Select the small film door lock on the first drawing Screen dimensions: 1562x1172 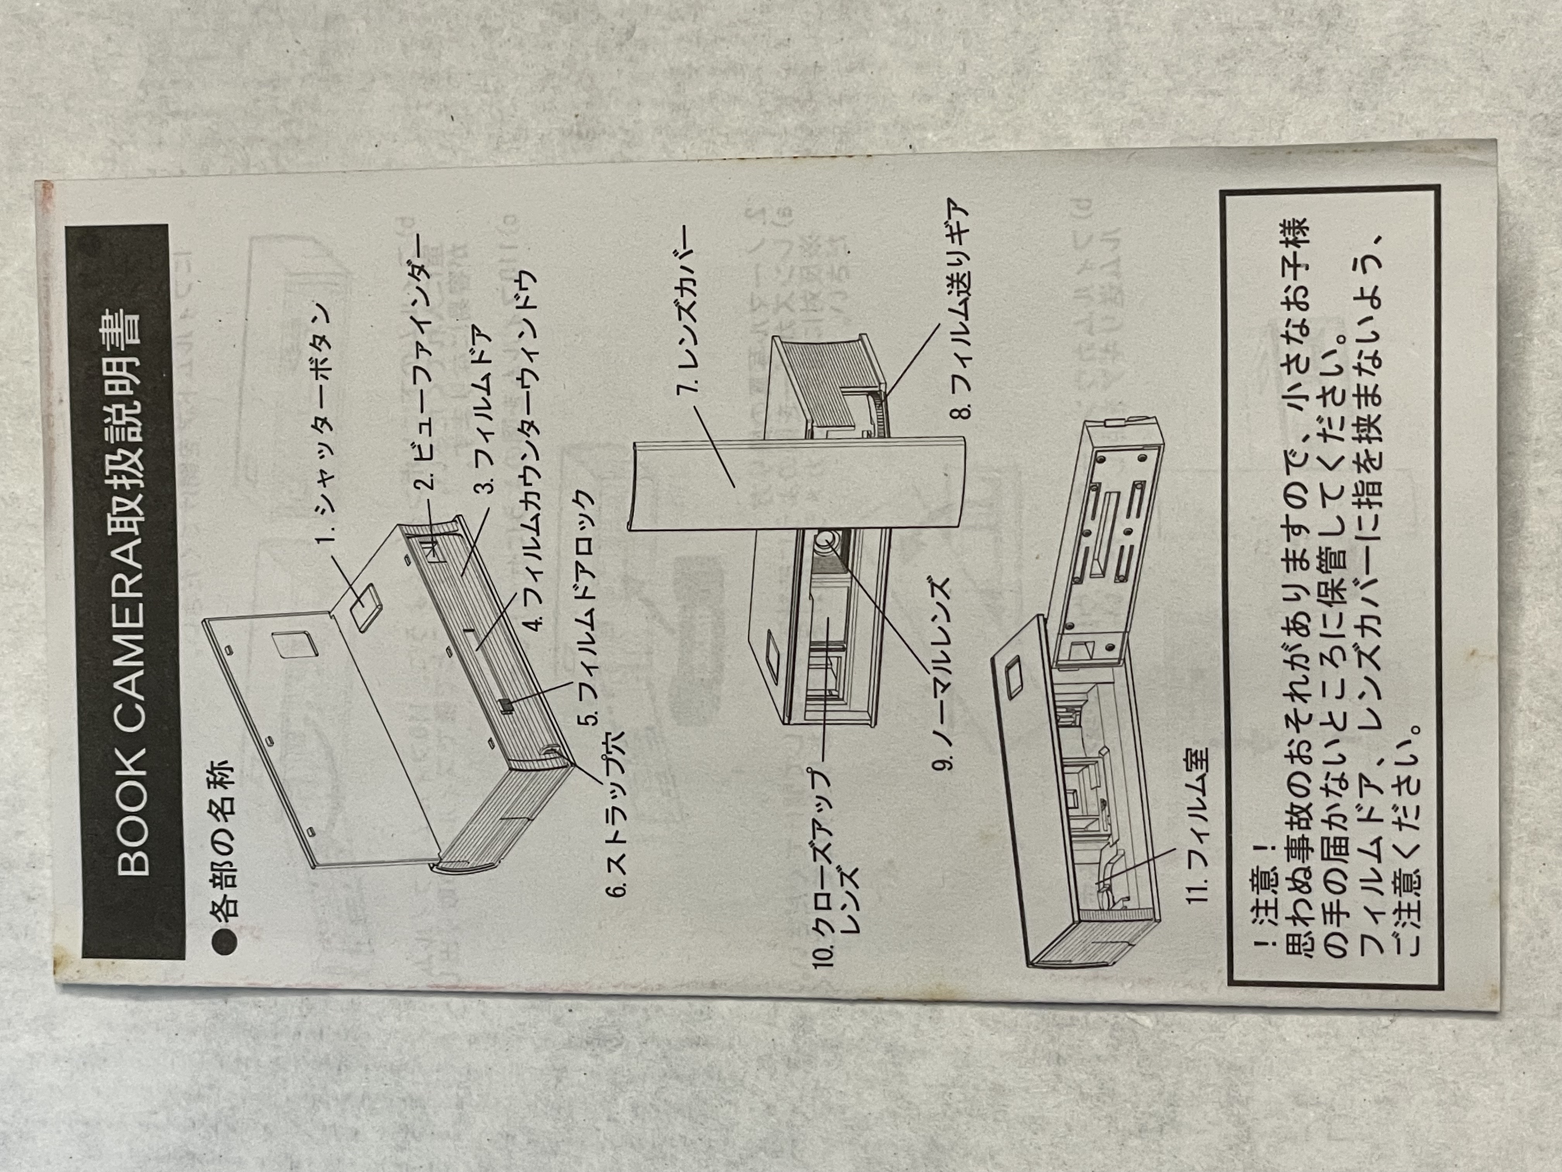click(505, 705)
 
